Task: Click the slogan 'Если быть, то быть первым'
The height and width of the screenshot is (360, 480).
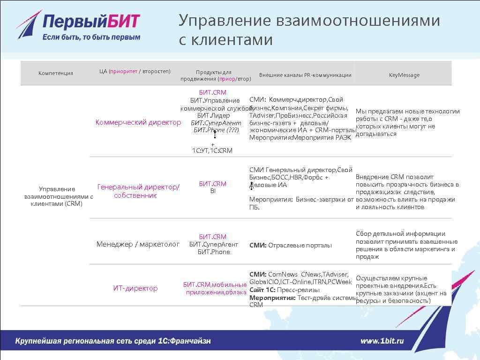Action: click(x=91, y=37)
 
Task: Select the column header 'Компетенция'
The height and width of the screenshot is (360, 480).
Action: click(x=56, y=73)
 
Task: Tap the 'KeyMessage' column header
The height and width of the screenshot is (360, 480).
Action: click(x=404, y=75)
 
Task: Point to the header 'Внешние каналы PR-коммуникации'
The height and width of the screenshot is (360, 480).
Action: click(x=305, y=75)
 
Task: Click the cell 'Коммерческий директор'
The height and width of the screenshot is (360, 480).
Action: click(x=138, y=122)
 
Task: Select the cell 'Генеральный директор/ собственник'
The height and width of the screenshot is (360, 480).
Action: click(x=138, y=191)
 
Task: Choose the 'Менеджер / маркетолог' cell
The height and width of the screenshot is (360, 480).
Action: click(x=138, y=244)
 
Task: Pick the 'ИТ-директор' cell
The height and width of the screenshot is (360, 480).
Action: click(x=135, y=288)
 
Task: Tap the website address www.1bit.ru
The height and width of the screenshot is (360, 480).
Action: click(x=382, y=341)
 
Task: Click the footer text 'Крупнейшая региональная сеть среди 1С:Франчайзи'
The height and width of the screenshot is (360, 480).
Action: click(x=113, y=341)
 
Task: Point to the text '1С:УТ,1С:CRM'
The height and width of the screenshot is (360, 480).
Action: click(x=212, y=150)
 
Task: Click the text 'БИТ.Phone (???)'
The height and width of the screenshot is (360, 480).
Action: click(x=216, y=130)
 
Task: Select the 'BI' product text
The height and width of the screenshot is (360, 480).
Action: click(x=213, y=191)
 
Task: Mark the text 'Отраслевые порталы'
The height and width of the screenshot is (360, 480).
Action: click(x=300, y=245)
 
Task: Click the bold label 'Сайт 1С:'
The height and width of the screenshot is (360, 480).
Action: click(x=262, y=290)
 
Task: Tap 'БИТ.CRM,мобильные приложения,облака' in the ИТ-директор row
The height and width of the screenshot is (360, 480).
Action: click(x=215, y=288)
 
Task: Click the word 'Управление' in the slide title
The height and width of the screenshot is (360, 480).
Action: click(x=225, y=21)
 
